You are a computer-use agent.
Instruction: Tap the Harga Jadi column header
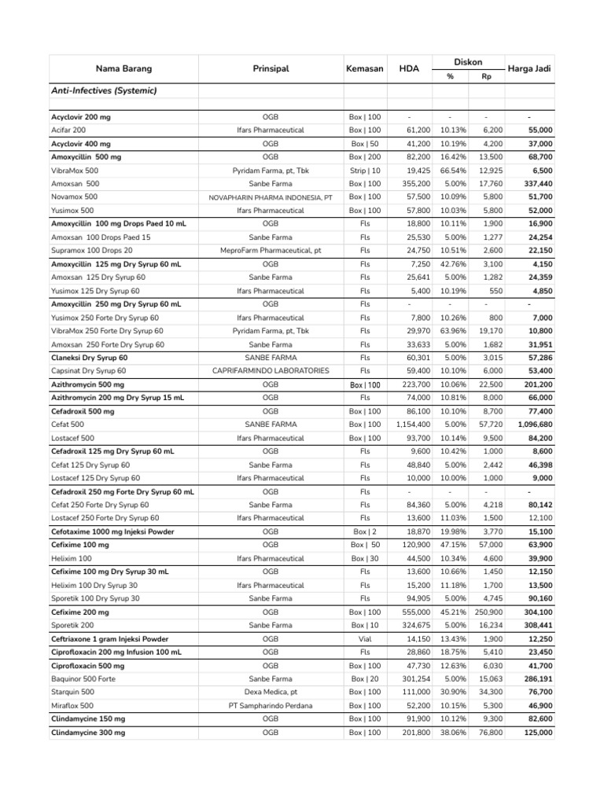point(529,68)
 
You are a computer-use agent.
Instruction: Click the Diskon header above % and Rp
point(468,61)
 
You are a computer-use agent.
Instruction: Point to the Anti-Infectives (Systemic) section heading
point(104,90)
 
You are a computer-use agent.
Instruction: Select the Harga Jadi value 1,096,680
point(535,425)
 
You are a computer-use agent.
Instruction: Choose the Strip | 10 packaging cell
point(364,170)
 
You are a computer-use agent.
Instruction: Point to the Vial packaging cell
point(364,639)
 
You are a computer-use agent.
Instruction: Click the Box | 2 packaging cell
point(364,531)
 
